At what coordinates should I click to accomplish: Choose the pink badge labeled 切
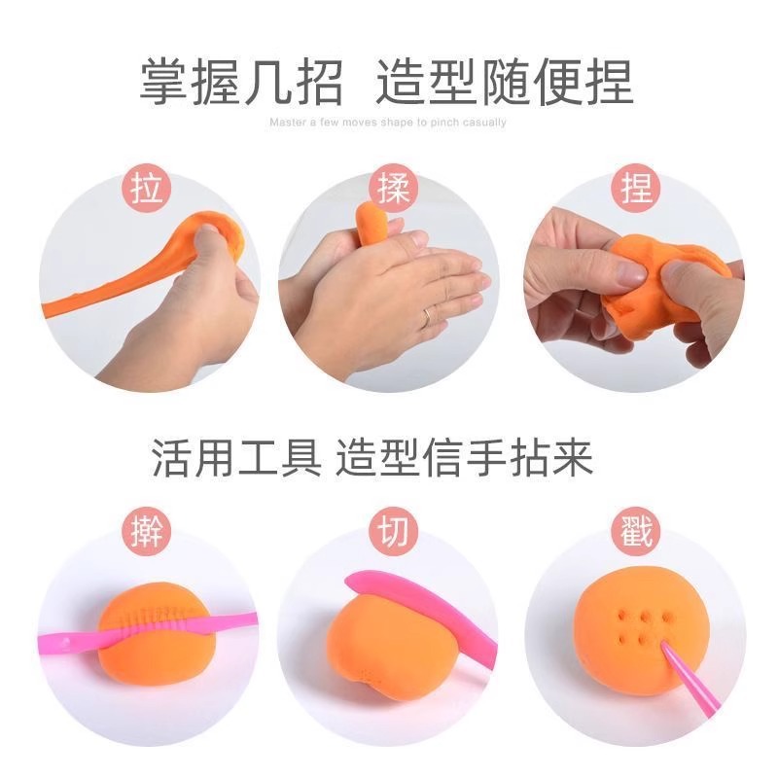coord(390,534)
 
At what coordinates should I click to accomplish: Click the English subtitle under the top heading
coord(388,124)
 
